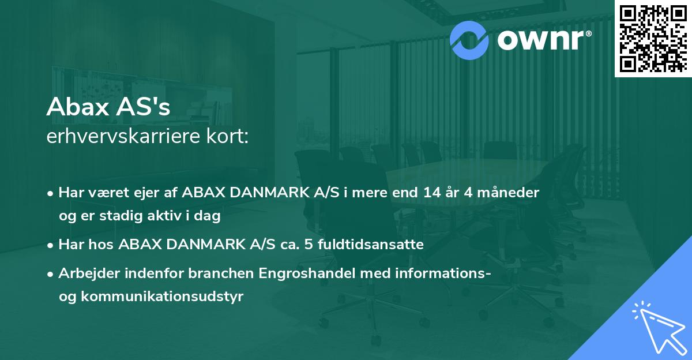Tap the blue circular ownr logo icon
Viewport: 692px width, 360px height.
[x=469, y=39]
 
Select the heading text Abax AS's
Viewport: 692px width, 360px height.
[x=108, y=108]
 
